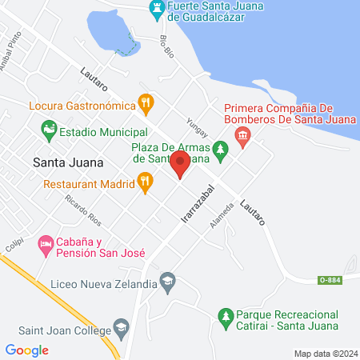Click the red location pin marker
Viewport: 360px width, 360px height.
click(180, 166)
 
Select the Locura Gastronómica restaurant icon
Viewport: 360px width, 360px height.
click(146, 102)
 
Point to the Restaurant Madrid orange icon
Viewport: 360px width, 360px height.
click(144, 182)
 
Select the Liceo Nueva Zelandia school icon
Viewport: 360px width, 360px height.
click(166, 281)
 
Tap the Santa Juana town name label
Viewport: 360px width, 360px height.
click(69, 162)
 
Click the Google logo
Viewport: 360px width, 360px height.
click(27, 350)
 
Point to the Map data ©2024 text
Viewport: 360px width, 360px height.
click(325, 353)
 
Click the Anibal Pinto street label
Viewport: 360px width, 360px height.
click(14, 57)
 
